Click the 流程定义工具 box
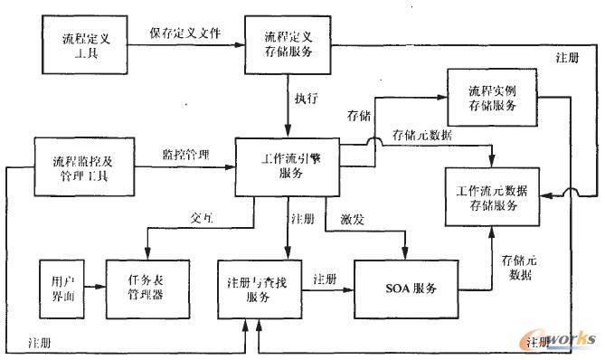click(x=85, y=46)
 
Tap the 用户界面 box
click(x=61, y=288)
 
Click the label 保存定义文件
click(x=186, y=33)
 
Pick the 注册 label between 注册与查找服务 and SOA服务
click(x=325, y=279)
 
